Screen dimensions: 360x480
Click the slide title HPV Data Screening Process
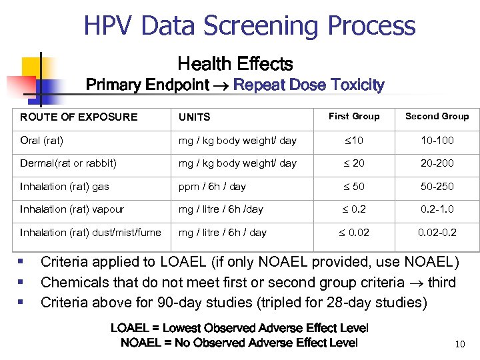point(249,26)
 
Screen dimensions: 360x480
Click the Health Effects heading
point(235,64)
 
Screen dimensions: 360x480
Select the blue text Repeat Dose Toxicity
point(309,85)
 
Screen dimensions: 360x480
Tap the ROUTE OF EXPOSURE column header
point(79,117)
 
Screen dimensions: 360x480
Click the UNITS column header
point(194,117)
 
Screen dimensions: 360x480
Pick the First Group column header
point(354,117)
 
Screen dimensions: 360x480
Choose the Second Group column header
point(437,117)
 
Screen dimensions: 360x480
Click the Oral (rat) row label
point(42,140)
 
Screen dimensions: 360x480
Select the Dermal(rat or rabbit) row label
point(68,163)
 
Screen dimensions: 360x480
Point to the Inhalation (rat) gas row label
point(65,187)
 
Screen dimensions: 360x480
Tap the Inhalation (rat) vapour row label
point(72,209)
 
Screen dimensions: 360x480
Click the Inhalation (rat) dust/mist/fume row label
point(90,233)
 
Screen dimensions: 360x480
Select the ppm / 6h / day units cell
point(212,187)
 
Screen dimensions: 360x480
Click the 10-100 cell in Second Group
point(437,140)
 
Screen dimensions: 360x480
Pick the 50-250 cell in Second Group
point(437,187)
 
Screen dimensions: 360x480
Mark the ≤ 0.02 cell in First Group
point(355,233)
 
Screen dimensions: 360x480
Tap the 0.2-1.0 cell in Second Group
point(437,209)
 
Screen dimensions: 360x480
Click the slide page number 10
point(459,345)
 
